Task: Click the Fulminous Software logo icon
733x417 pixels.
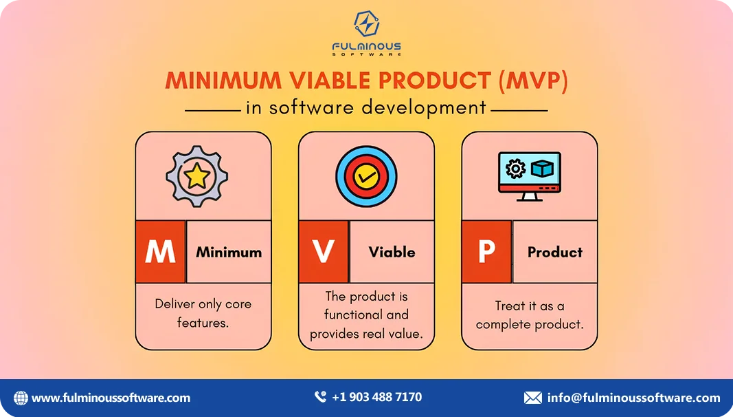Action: tap(366, 25)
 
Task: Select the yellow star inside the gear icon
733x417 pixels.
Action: tap(197, 177)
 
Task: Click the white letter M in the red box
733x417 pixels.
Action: tap(160, 252)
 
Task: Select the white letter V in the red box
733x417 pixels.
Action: tap(323, 252)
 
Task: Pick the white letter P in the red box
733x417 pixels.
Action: tap(486, 252)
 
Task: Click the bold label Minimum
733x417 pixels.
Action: tap(229, 252)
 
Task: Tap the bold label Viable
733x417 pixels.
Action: tap(392, 252)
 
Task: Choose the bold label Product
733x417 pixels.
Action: tap(555, 252)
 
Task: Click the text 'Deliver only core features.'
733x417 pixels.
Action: tap(203, 312)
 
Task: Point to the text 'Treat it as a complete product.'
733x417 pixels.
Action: tap(529, 314)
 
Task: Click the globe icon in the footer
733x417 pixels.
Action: tap(21, 398)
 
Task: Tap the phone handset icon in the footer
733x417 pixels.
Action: tap(320, 397)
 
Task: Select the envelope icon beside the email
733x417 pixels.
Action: tap(532, 398)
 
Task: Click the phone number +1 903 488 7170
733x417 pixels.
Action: tap(376, 397)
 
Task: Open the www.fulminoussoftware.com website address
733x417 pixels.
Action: tap(111, 398)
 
